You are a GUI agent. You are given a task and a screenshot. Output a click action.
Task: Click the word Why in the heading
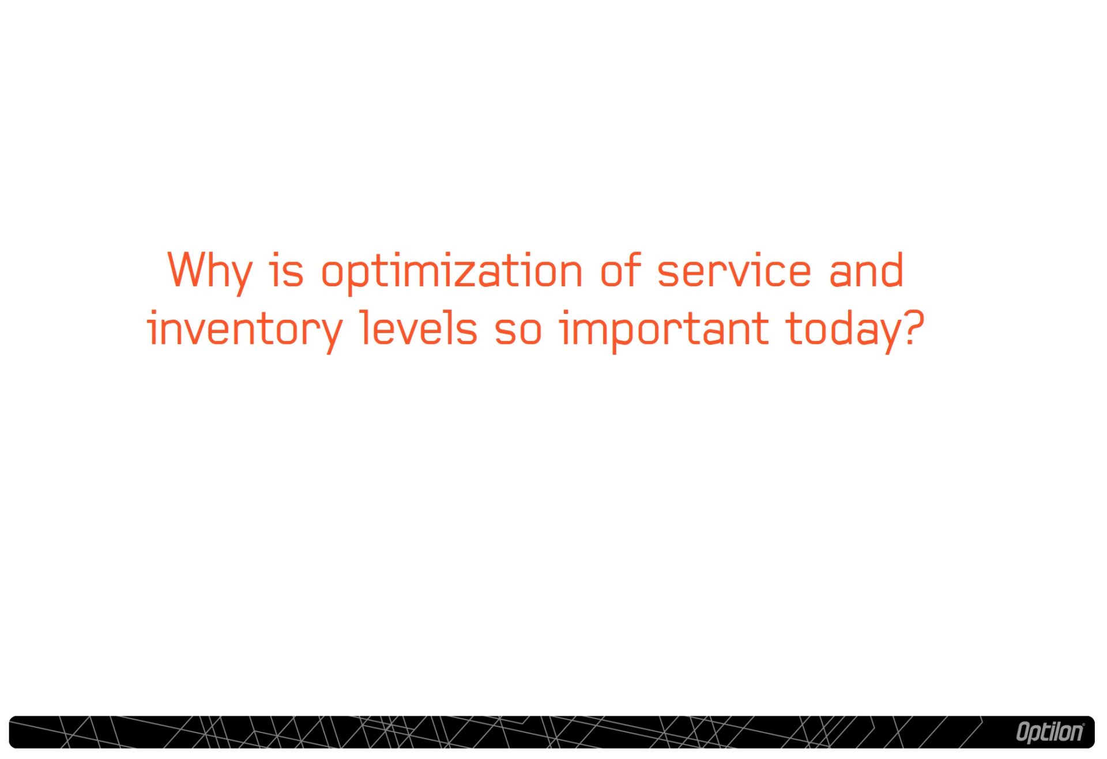pyautogui.click(x=210, y=272)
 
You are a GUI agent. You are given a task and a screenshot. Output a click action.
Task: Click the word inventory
pyautogui.click(x=245, y=331)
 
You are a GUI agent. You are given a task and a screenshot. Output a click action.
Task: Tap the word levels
pyautogui.click(x=419, y=328)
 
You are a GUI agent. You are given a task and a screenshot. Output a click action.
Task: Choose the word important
pyautogui.click(x=664, y=331)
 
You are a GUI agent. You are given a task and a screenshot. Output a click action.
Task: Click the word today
pyautogui.click(x=839, y=331)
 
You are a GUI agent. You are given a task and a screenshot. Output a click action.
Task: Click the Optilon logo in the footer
pyautogui.click(x=1049, y=732)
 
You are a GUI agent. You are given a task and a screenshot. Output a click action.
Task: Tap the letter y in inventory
pyautogui.click(x=329, y=335)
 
